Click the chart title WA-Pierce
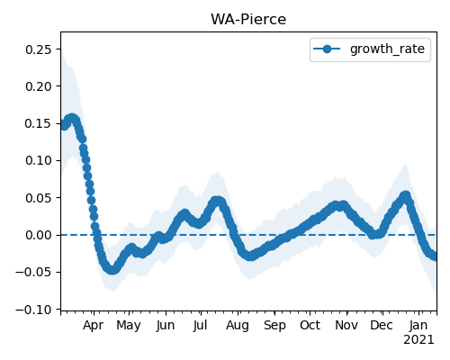tap(248, 19)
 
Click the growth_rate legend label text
tap(387, 49)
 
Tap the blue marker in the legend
tap(327, 49)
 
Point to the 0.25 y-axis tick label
tap(39, 49)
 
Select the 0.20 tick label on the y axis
tap(39, 86)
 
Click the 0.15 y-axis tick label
tap(39, 123)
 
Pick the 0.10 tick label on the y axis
tap(39, 160)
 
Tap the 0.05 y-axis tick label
tap(39, 198)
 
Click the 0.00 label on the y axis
tap(39, 235)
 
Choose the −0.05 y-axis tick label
tap(34, 273)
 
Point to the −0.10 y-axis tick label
tap(34, 310)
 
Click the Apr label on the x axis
tap(94, 326)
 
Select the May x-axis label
tap(129, 326)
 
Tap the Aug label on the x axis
tap(238, 326)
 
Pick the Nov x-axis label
tap(346, 326)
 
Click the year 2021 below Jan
tap(418, 340)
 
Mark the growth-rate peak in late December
tap(405, 196)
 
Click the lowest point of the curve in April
tap(112, 269)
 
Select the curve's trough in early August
tap(251, 256)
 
